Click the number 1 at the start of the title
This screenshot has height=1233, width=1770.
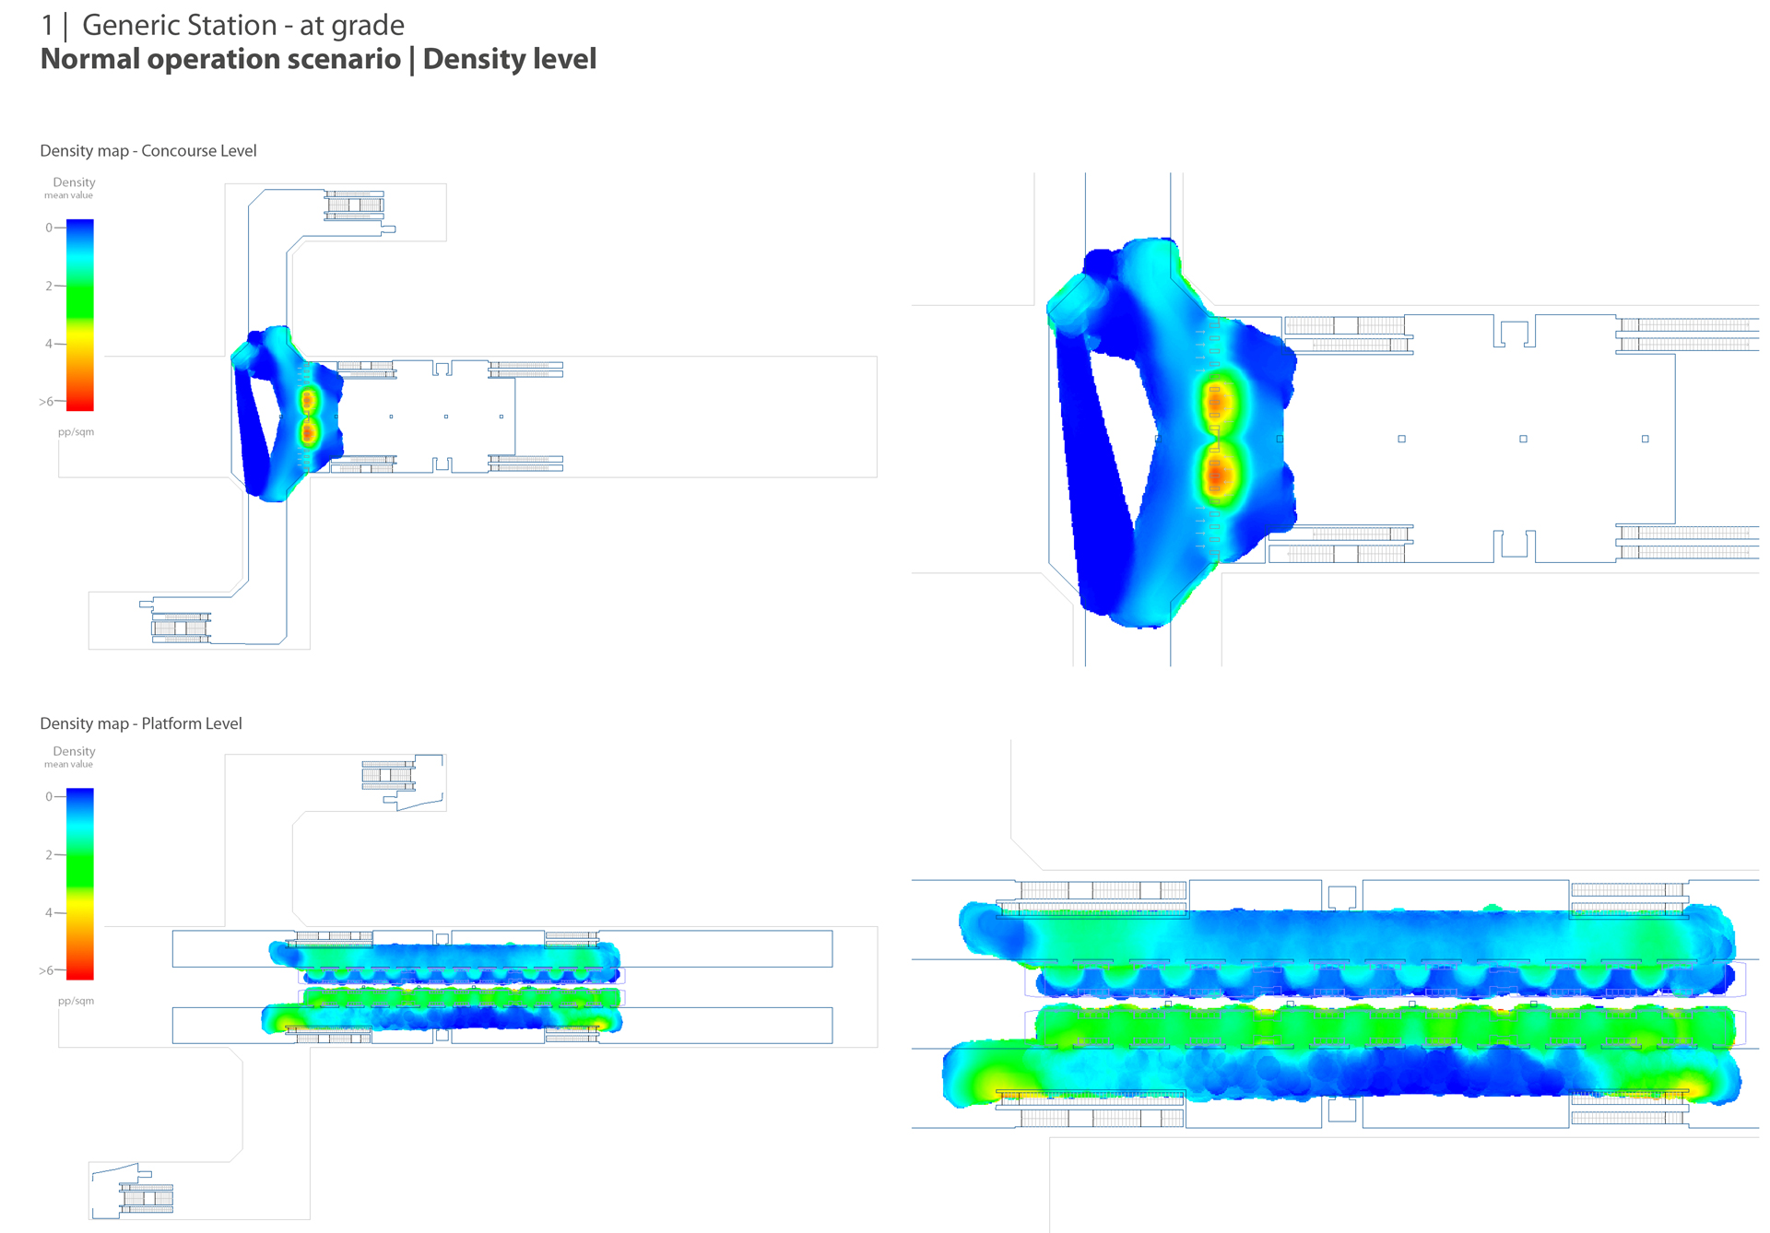point(47,26)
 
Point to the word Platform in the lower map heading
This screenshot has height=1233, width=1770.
point(171,724)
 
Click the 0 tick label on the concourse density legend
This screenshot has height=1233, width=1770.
point(49,228)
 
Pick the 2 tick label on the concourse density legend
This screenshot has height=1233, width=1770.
point(49,286)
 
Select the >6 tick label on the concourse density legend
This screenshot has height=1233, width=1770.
point(46,402)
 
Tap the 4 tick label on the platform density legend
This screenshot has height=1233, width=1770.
point(49,912)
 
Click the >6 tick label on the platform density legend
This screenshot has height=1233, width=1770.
point(46,970)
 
